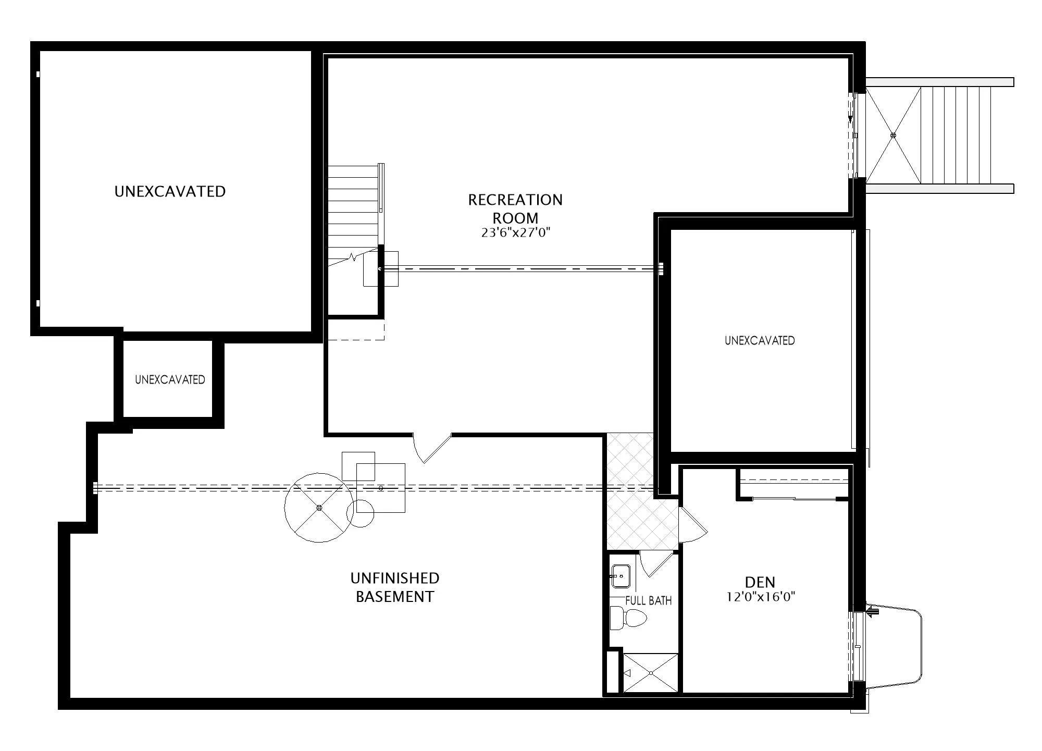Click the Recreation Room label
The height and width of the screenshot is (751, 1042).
click(x=515, y=208)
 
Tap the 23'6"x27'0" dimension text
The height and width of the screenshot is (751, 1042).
click(x=515, y=232)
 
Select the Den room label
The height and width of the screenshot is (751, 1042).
click(x=760, y=582)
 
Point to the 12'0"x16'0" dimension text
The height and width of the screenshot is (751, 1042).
click(x=761, y=597)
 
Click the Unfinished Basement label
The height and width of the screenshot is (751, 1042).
click(x=395, y=587)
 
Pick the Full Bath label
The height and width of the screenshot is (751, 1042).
click(x=648, y=600)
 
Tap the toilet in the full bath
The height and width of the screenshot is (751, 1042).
click(x=628, y=618)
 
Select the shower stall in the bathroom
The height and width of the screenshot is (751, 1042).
click(x=651, y=673)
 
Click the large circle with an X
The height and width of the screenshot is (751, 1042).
click(x=319, y=508)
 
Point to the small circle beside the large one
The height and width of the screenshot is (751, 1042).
click(x=360, y=513)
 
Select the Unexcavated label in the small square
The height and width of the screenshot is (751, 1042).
click(x=170, y=379)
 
